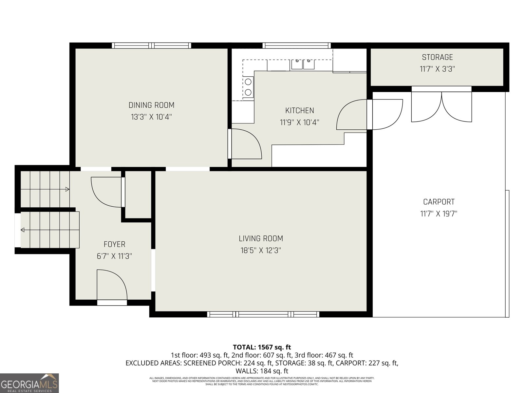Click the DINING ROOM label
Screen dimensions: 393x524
(151, 105)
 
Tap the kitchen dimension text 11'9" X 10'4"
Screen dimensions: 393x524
(299, 122)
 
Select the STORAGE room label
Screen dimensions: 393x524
(437, 57)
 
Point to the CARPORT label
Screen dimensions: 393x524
(439, 202)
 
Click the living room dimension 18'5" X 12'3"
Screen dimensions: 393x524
(261, 251)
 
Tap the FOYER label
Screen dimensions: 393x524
(114, 244)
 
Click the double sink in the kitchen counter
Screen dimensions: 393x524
(303, 64)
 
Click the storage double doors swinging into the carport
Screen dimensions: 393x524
(441, 106)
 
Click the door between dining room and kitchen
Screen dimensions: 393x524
(246, 144)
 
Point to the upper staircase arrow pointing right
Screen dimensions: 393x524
(67, 189)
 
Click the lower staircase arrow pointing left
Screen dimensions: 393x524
(23, 230)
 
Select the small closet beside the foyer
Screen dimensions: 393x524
(138, 195)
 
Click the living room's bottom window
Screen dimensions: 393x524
(263, 314)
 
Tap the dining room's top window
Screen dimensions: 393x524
(151, 46)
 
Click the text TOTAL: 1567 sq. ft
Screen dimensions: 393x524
(262, 347)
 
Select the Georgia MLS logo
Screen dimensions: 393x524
(29, 383)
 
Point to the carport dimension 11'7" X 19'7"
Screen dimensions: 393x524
(439, 214)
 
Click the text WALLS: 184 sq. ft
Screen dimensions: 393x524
(262, 371)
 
